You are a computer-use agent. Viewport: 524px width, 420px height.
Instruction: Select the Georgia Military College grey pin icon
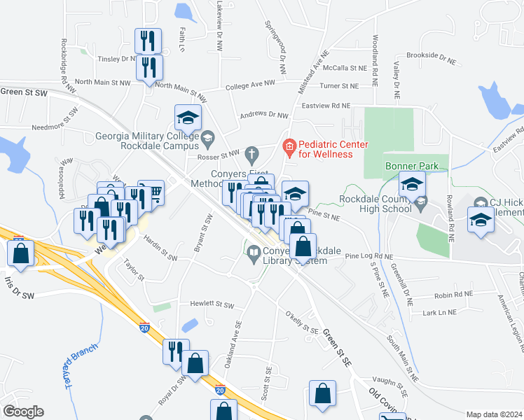point(208,141)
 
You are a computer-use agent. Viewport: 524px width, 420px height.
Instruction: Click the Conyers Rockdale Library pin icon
point(254,258)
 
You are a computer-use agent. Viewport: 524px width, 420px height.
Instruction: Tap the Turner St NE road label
point(338,86)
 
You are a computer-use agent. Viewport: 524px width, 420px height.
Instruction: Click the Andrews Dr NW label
point(264,115)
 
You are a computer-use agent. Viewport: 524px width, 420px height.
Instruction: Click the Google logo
point(22,411)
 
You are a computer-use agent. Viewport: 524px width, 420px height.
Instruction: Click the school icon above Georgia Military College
point(188,118)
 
